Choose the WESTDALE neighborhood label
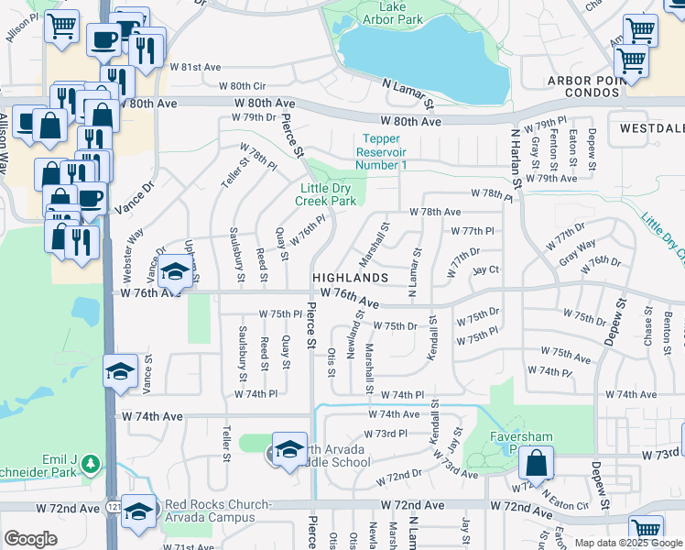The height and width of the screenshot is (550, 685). (651, 128)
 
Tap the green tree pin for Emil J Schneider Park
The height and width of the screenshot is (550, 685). (90, 464)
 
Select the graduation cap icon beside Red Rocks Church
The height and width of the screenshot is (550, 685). (139, 510)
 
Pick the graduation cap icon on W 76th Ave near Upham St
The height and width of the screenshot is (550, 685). (175, 270)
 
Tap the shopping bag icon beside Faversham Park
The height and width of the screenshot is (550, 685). (538, 463)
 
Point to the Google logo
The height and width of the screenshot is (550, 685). (30, 539)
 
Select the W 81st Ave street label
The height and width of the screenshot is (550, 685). (194, 67)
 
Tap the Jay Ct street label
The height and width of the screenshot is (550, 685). (485, 269)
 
